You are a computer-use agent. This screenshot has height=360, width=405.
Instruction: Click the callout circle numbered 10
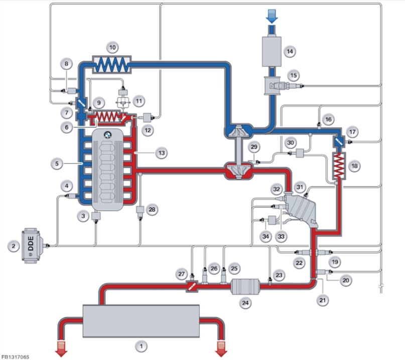pyautogui.click(x=112, y=48)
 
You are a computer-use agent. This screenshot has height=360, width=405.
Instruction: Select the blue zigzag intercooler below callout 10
pyautogui.click(x=112, y=64)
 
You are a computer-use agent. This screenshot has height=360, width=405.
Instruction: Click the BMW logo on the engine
pyautogui.click(x=107, y=134)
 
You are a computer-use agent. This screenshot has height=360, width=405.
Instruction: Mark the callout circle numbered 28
pyautogui.click(x=153, y=209)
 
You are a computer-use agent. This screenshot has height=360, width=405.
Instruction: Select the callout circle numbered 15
pyautogui.click(x=294, y=76)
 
